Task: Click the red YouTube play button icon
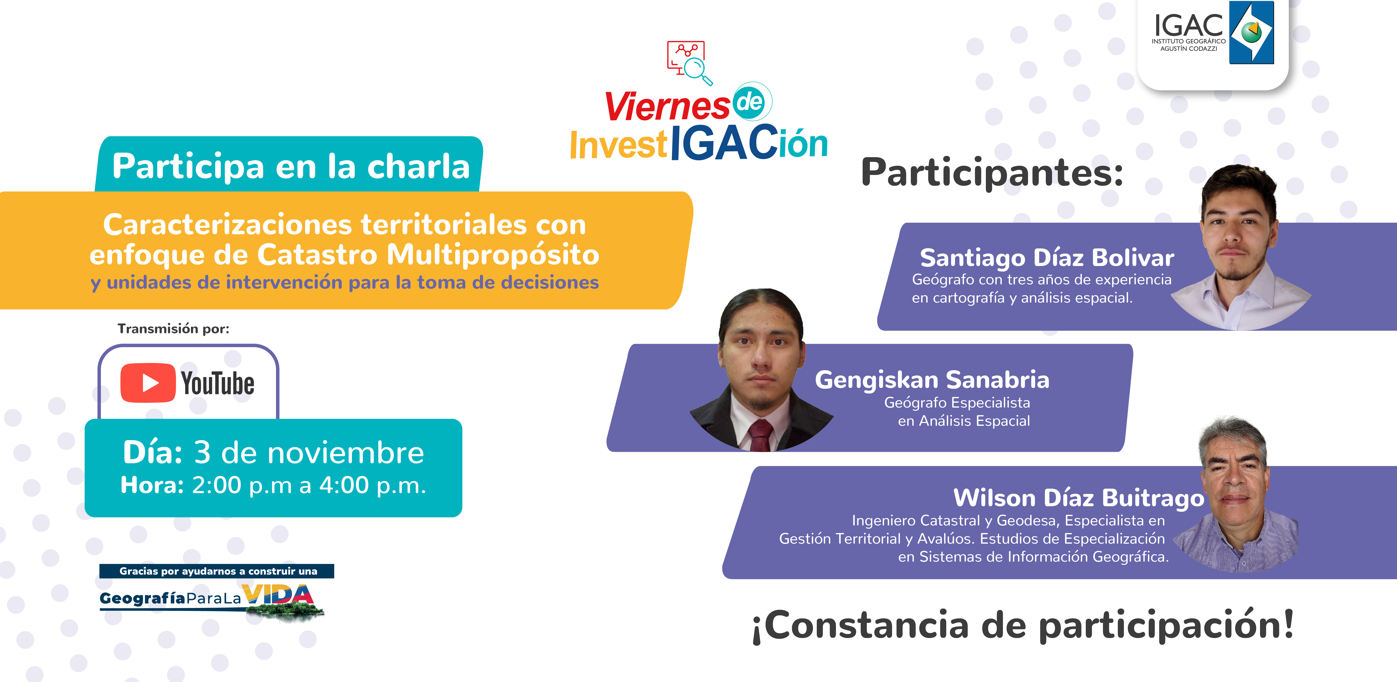147,383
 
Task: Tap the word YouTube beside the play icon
218,384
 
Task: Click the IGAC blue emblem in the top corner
1251,33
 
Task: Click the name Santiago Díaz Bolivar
1047,258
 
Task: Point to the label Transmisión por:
174,329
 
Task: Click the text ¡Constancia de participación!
1023,626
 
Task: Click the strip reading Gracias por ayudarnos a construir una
217,571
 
